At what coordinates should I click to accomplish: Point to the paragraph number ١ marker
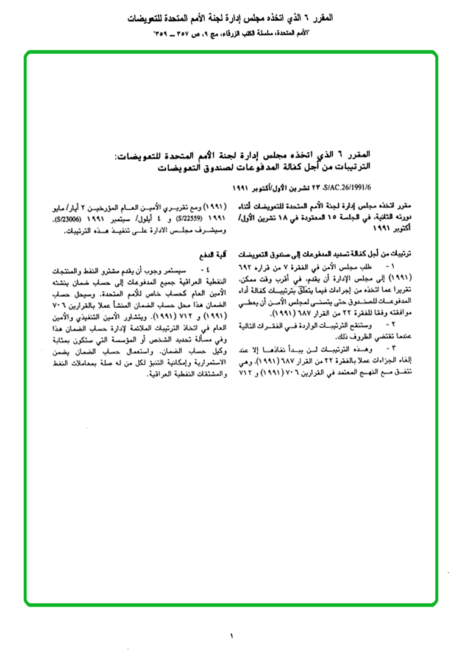(391, 268)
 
